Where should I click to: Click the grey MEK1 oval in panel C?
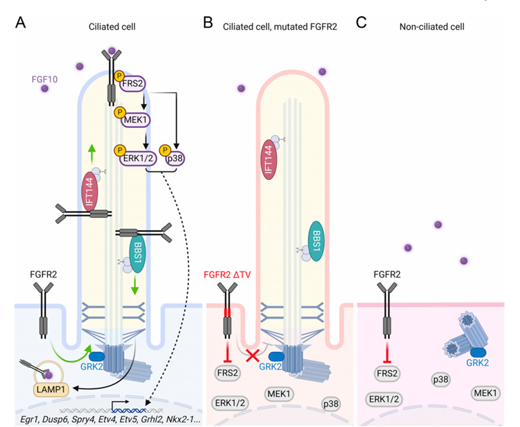(x=483, y=392)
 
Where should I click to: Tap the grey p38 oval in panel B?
(x=330, y=403)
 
